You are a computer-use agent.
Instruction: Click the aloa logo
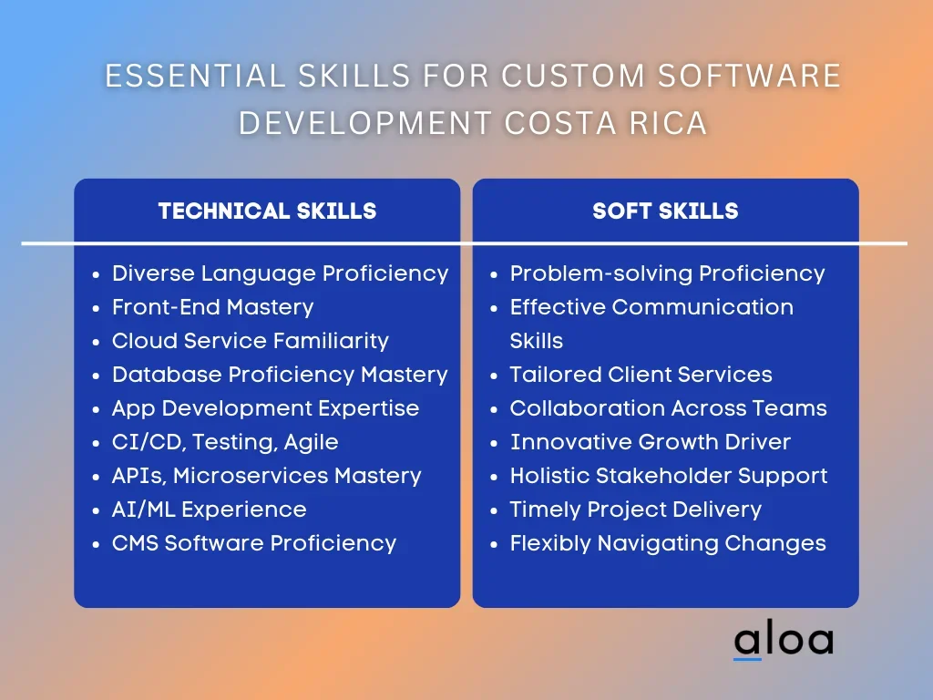pyautogui.click(x=783, y=640)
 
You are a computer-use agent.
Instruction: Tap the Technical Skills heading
pyautogui.click(x=267, y=211)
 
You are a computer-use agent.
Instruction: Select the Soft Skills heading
pyautogui.click(x=665, y=211)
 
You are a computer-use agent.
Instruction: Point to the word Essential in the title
pyautogui.click(x=195, y=77)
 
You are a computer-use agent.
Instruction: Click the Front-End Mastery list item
pyautogui.click(x=212, y=307)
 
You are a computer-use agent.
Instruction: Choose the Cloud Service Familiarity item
pyautogui.click(x=250, y=341)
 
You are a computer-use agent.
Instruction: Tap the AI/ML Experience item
pyautogui.click(x=209, y=510)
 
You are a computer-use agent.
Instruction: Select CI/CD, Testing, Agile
pyautogui.click(x=225, y=442)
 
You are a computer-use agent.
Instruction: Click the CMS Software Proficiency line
pyautogui.click(x=254, y=543)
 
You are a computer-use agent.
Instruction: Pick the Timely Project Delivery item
pyautogui.click(x=635, y=510)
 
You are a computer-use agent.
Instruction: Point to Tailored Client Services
pyautogui.click(x=641, y=375)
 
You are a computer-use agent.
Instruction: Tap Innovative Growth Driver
pyautogui.click(x=651, y=442)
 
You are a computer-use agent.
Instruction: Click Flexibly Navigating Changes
pyautogui.click(x=668, y=543)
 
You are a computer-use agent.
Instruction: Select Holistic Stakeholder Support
pyautogui.click(x=668, y=476)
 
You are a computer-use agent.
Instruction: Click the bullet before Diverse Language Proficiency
pyautogui.click(x=97, y=275)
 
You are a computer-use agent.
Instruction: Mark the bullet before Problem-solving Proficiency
pyautogui.click(x=494, y=275)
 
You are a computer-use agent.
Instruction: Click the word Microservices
pyautogui.click(x=251, y=476)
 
